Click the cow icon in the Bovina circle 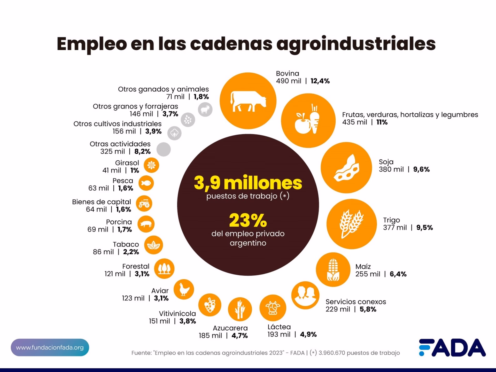coord(248,101)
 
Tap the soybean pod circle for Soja coord(346,168)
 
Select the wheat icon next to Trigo coord(351,224)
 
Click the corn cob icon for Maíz coord(333,269)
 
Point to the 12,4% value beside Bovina coord(320,81)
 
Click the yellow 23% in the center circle coord(248,221)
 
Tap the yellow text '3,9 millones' coord(248,183)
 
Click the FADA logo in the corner coord(452,347)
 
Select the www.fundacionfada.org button coord(50,347)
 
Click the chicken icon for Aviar coord(184,289)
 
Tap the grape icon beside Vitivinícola coord(210,305)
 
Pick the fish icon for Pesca coord(146,183)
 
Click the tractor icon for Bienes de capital coord(144,204)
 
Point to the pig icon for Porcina coord(146,224)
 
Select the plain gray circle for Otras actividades coord(164,149)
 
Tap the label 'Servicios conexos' coord(355,302)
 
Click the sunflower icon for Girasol coord(151,165)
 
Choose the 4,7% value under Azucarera coord(239,336)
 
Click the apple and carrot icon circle coord(308,121)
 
